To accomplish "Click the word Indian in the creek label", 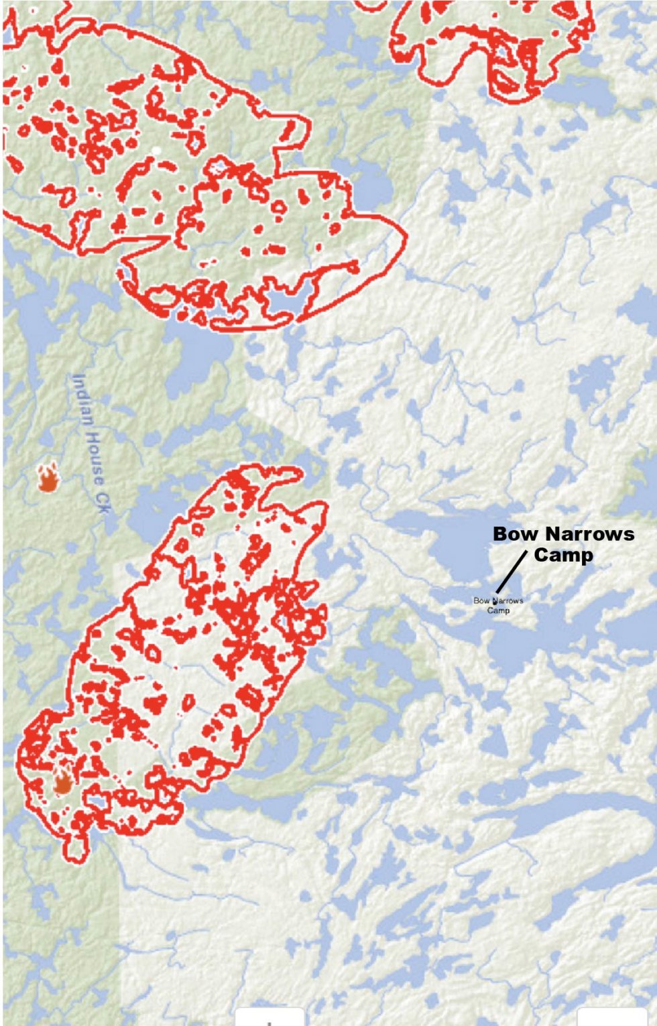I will (x=83, y=400).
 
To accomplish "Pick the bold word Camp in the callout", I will (x=563, y=556).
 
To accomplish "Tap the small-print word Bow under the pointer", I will (x=481, y=600).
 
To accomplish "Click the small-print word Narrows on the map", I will (x=508, y=600).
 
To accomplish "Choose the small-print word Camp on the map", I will (x=498, y=610).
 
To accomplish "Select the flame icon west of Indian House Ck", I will (x=48, y=477).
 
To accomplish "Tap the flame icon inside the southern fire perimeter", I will (x=63, y=781).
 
